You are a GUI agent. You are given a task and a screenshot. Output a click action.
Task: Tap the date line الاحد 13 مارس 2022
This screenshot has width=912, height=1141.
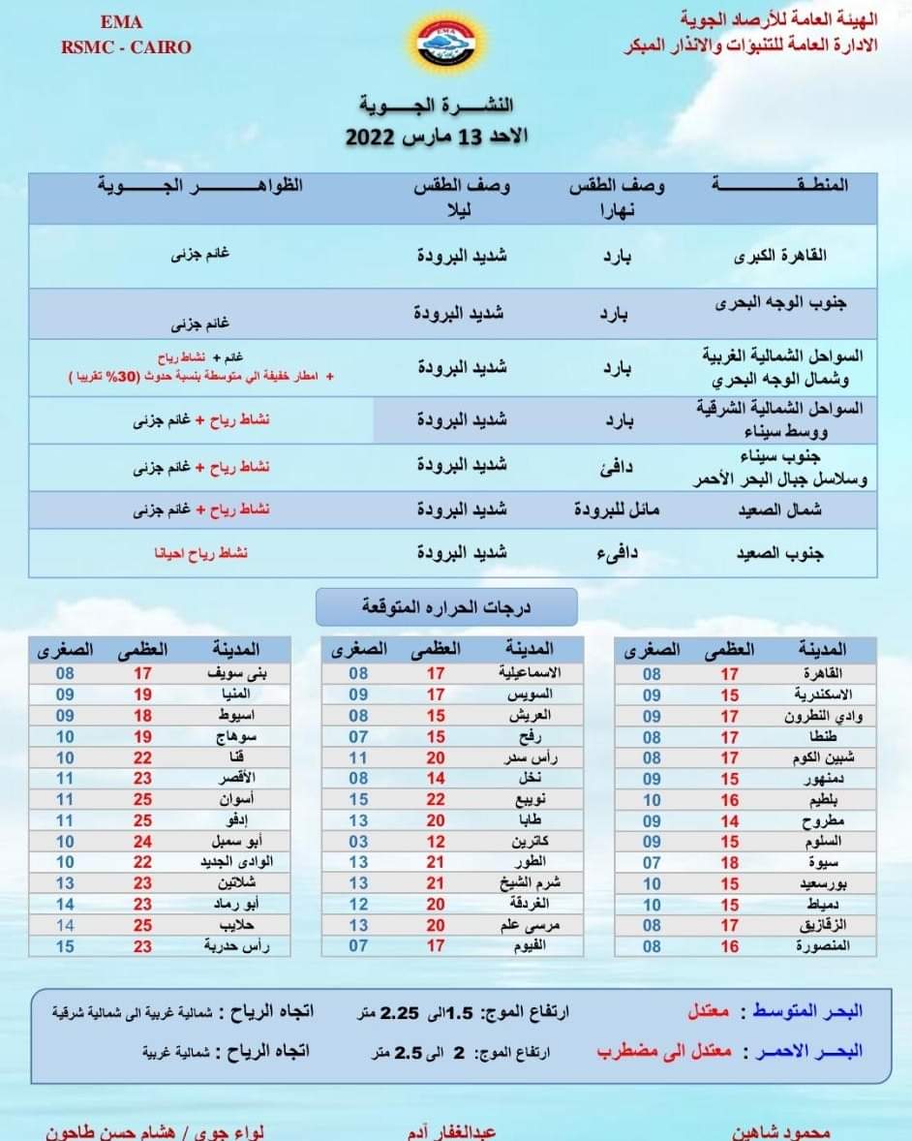(437, 135)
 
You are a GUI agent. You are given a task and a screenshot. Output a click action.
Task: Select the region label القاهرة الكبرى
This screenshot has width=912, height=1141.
(795, 257)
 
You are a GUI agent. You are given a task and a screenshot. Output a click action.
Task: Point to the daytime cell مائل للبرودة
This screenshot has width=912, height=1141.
(616, 509)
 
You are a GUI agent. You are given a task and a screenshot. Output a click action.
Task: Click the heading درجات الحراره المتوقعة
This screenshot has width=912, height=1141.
(446, 607)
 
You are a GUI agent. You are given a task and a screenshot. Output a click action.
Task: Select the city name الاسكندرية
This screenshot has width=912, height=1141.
(816, 694)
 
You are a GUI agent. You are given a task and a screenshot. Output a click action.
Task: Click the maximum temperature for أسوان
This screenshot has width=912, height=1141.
(142, 799)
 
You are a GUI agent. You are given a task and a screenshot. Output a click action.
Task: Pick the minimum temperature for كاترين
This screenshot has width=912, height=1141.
(358, 842)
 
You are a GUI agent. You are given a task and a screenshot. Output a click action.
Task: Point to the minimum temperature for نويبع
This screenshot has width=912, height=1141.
(358, 799)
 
